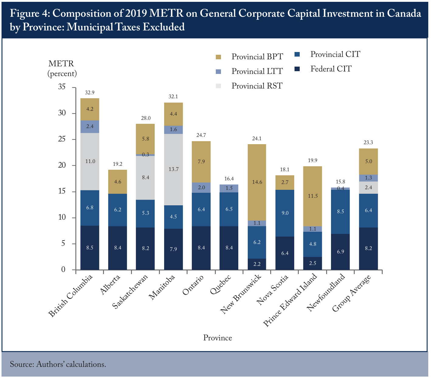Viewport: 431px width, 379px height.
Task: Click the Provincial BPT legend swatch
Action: [218, 57]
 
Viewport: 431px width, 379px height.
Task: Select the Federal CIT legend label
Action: [331, 69]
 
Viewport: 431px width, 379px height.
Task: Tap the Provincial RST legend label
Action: [257, 86]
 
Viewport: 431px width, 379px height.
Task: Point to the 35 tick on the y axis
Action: [74, 88]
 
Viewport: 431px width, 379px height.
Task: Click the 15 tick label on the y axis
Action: [62, 191]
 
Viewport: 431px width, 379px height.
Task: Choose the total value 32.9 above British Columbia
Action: [90, 92]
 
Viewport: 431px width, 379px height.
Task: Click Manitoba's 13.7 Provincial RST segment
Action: [173, 169]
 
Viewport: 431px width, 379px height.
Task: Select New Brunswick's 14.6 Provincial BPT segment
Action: [257, 182]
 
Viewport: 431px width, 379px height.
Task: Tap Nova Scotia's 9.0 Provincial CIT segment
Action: [284, 213]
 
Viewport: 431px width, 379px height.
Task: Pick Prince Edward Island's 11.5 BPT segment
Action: [312, 196]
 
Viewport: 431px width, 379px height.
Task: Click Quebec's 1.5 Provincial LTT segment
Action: [229, 189]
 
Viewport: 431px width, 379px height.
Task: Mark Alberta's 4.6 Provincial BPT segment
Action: [117, 182]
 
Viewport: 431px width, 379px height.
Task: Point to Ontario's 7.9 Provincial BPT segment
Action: [201, 162]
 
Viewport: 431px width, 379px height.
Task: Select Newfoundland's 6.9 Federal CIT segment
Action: [340, 252]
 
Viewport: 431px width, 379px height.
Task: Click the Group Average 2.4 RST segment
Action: [368, 188]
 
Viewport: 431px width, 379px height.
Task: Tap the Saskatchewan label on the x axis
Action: [130, 291]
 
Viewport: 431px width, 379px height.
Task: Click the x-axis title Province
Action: [217, 338]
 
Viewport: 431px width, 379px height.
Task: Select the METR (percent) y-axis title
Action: [62, 68]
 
